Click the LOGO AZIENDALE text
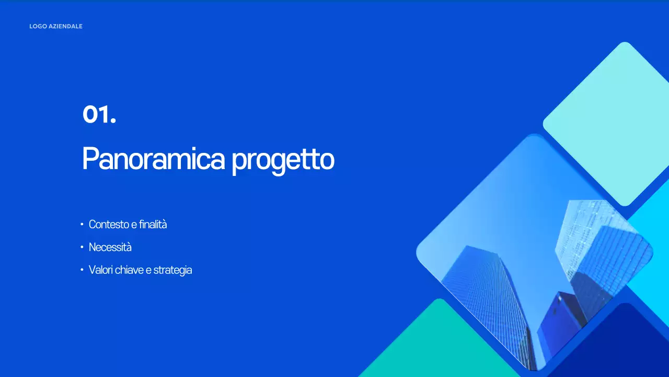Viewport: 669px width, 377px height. tap(56, 26)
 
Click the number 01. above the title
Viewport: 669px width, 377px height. tap(99, 115)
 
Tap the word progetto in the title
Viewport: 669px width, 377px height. tap(283, 160)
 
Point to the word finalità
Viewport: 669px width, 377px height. tap(153, 225)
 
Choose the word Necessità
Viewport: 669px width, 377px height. tap(110, 247)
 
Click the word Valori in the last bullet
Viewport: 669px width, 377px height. tap(100, 270)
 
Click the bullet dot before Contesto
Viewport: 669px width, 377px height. tap(82, 225)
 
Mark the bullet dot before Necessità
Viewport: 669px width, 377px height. tap(82, 247)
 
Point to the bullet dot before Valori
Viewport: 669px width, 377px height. tap(82, 270)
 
